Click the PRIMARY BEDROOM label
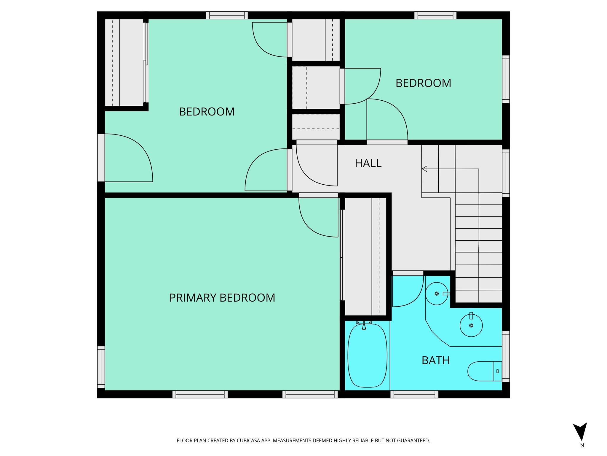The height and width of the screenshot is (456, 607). click(x=222, y=298)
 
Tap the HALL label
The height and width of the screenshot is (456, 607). click(x=368, y=163)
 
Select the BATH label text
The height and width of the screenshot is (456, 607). click(x=436, y=360)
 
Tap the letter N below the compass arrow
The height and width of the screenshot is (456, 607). click(x=582, y=445)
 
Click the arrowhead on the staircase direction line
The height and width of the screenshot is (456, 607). click(x=424, y=169)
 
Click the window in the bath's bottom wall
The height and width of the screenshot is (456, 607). click(x=414, y=394)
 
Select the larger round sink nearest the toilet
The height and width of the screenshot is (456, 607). click(x=471, y=325)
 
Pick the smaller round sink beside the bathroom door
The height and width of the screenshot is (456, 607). click(x=437, y=294)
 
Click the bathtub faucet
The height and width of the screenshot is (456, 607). click(x=364, y=326)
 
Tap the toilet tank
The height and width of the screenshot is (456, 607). click(x=497, y=371)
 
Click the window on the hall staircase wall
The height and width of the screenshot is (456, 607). click(x=506, y=173)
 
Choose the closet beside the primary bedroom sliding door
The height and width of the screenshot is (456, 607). click(x=365, y=257)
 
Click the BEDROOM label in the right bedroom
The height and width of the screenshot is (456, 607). click(x=423, y=83)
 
